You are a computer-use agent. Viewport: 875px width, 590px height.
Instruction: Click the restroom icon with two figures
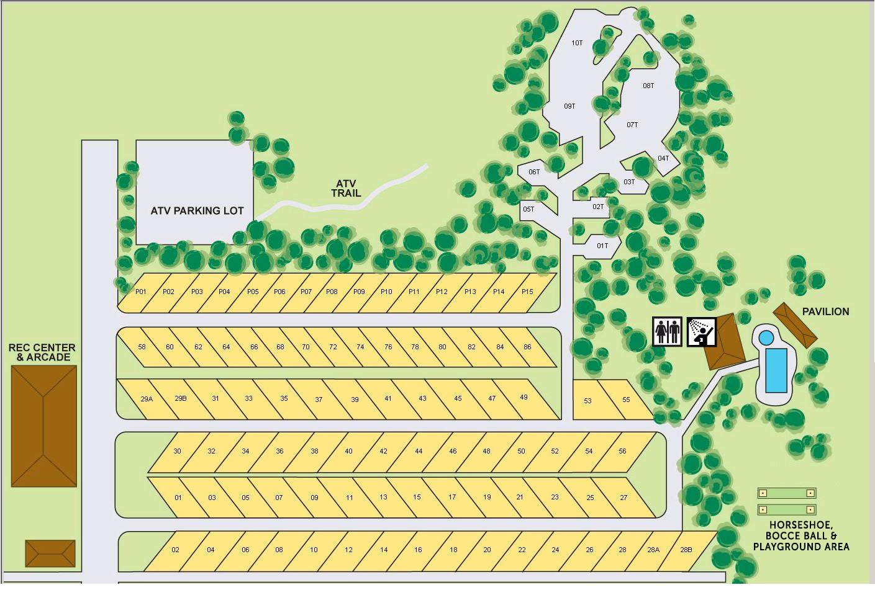coord(668,331)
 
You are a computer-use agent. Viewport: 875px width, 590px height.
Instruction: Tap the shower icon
coord(702,331)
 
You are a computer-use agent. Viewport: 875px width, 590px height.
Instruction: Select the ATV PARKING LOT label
coord(197,210)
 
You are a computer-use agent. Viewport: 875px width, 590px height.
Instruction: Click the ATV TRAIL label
coord(346,188)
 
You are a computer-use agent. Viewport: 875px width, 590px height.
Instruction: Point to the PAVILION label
coord(825,311)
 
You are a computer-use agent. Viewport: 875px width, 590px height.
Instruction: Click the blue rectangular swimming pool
coord(776,370)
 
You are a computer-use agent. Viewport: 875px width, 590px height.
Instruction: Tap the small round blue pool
coord(766,337)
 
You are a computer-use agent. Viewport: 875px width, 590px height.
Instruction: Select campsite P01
coord(141,292)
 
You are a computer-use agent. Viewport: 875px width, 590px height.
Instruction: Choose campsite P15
coord(527,292)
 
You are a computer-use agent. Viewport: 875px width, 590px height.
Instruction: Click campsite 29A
coord(147,399)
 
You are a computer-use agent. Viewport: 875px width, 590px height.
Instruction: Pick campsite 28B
coord(686,550)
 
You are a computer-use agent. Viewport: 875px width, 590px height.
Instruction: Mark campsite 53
coord(587,401)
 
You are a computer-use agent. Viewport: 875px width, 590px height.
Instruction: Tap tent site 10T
coord(577,43)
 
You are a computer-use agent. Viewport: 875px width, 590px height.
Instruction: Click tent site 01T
coord(602,246)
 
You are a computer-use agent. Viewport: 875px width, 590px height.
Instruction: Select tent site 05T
coord(528,209)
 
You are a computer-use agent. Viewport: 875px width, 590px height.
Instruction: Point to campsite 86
coord(527,347)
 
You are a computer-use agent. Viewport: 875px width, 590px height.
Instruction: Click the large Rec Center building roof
coord(44,426)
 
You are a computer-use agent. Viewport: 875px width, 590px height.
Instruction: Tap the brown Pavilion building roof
coord(795,326)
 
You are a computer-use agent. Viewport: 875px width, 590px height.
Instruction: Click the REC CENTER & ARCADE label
coord(42,352)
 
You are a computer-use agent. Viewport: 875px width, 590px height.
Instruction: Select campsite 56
coord(622,451)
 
